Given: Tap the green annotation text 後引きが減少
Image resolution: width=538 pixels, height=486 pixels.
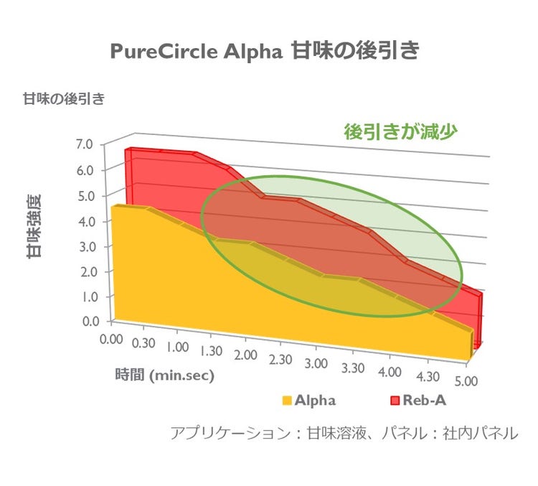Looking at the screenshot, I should pyautogui.click(x=401, y=131).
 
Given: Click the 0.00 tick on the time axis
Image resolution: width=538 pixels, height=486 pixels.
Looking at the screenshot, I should pyautogui.click(x=112, y=337).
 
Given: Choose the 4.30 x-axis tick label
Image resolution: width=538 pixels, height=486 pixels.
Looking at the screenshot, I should pyautogui.click(x=426, y=377).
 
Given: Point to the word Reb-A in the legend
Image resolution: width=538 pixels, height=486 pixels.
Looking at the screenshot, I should pyautogui.click(x=426, y=401).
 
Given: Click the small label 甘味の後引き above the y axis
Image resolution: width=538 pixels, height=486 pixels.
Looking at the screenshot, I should pyautogui.click(x=64, y=98).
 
